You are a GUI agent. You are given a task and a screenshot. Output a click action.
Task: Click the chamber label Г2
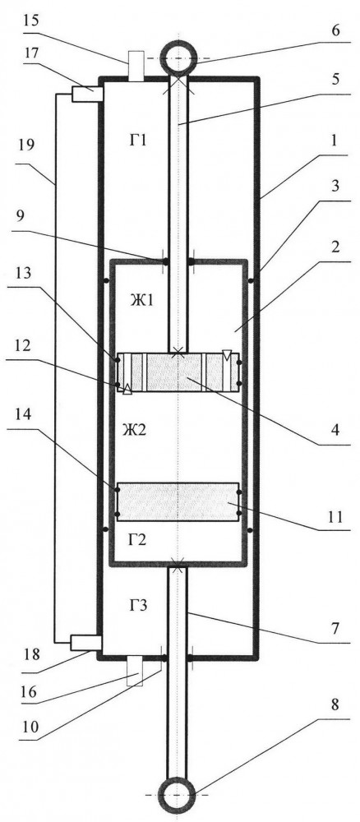136,541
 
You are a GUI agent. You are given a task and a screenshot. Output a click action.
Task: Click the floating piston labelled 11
178,501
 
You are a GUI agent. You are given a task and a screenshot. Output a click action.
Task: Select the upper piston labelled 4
178,372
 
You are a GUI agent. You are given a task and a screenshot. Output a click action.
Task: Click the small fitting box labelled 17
87,94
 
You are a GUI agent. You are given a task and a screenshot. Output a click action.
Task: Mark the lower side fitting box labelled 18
86,643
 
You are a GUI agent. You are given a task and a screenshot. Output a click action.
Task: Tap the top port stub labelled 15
136,66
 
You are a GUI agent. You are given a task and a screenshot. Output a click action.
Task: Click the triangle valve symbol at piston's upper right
226,355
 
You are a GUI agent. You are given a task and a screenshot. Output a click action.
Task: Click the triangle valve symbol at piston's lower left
127,389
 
